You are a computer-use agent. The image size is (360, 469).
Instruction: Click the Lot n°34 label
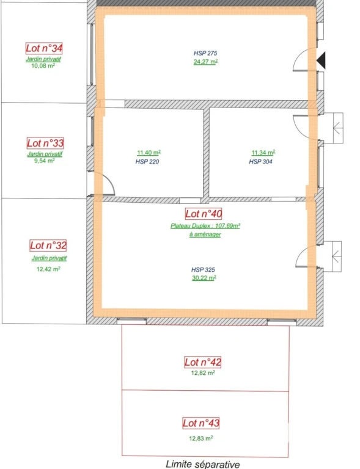pyautogui.click(x=44, y=48)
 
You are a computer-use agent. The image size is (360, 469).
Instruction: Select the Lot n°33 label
pyautogui.click(x=45, y=143)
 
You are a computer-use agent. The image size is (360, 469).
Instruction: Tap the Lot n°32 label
pyautogui.click(x=48, y=245)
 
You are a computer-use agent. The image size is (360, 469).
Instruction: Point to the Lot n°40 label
pyautogui.click(x=204, y=214)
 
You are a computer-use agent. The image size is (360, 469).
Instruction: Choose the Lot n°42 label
pyautogui.click(x=202, y=362)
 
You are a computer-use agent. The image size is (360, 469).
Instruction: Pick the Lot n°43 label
pyautogui.click(x=201, y=423)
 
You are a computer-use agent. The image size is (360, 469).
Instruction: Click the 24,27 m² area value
pyautogui.click(x=205, y=62)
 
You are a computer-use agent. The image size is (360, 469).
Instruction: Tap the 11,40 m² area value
pyautogui.click(x=149, y=153)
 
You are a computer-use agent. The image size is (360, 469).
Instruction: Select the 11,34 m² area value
pyautogui.click(x=263, y=153)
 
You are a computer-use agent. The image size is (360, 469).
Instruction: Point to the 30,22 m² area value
pyautogui.click(x=204, y=278)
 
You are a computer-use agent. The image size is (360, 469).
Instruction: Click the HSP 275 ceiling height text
pyautogui.click(x=205, y=53)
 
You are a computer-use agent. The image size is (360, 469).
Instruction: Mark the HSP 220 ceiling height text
pyautogui.click(x=147, y=162)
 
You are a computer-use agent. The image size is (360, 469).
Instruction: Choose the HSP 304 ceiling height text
pyautogui.click(x=260, y=162)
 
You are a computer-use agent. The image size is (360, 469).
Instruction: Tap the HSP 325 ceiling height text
pyautogui.click(x=203, y=270)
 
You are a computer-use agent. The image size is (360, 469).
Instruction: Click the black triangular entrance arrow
pyautogui.click(x=321, y=60)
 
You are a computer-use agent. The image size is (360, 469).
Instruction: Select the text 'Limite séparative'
pyautogui.click(x=202, y=464)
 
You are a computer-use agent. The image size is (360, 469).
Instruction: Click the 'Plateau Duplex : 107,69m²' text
pyautogui.click(x=205, y=226)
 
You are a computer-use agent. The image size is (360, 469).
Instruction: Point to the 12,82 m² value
pyautogui.click(x=203, y=373)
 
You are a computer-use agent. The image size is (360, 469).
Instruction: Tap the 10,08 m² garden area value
pyautogui.click(x=43, y=66)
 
